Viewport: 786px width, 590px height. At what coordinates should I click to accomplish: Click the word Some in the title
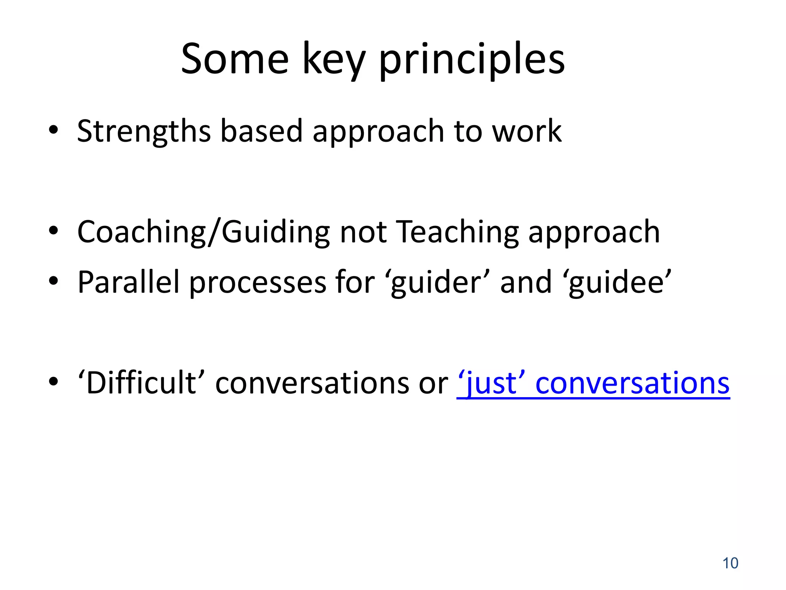[x=234, y=60]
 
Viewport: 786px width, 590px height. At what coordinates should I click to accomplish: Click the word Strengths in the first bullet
[x=144, y=131]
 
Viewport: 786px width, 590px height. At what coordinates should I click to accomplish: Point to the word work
[x=527, y=131]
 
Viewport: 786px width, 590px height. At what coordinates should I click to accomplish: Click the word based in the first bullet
[x=261, y=131]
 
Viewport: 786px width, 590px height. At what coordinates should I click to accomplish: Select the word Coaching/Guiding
[x=203, y=232]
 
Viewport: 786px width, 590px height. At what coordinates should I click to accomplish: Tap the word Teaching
[x=457, y=232]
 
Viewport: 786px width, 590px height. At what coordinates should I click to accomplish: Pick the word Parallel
[x=129, y=282]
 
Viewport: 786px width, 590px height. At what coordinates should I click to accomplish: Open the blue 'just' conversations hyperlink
[x=593, y=383]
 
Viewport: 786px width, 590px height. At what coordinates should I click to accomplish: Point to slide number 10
[x=730, y=563]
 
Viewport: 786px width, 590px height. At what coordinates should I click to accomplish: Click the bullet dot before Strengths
[x=53, y=131]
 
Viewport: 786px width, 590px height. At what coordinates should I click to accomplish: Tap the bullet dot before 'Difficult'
[x=53, y=382]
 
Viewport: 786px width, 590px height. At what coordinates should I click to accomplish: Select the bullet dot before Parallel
[x=53, y=282]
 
